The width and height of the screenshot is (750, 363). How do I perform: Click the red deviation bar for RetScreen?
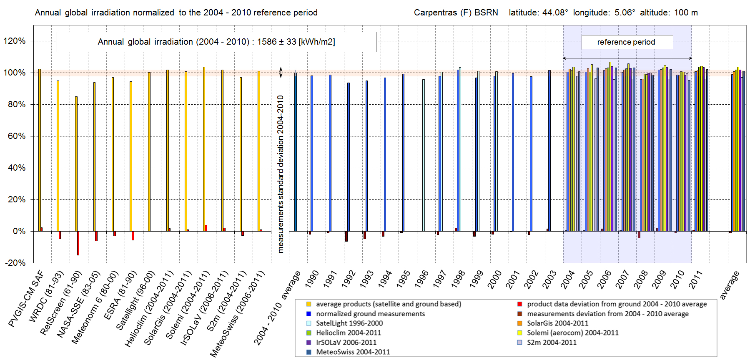[x=78, y=243]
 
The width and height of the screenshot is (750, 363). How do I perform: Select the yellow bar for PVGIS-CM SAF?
[x=40, y=150]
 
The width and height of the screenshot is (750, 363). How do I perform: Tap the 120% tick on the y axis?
[x=15, y=41]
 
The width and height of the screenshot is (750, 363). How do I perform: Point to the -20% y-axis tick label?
[x=15, y=263]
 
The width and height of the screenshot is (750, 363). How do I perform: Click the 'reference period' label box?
[x=627, y=42]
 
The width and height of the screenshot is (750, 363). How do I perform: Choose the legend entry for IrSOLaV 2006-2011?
[x=346, y=342]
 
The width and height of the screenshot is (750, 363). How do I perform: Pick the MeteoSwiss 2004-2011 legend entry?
[x=353, y=352]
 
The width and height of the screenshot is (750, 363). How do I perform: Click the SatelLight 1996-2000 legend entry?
[x=349, y=323]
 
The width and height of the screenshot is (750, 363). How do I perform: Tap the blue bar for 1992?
[x=349, y=157]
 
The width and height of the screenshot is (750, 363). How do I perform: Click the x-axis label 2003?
[x=549, y=280]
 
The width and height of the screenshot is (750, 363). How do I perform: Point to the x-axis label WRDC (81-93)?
[x=46, y=297]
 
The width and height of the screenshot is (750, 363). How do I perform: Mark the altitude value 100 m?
[x=686, y=13]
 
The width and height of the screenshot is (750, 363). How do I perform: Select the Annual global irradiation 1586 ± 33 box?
[x=216, y=42]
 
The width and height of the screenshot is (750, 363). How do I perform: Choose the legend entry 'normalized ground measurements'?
[x=370, y=313]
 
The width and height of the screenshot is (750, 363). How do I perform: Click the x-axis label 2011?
[x=696, y=280]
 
